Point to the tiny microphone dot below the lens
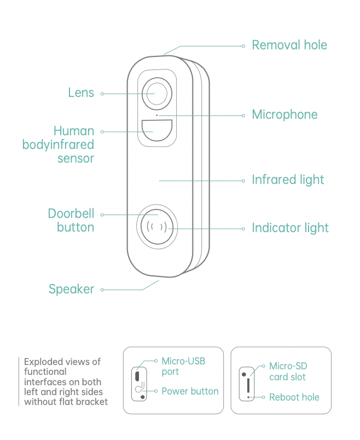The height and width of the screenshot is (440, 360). pos(157,115)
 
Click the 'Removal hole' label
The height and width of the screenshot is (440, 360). pos(289,45)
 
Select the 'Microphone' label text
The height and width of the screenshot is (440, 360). pos(285,115)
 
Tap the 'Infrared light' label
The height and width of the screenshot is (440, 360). pos(288,180)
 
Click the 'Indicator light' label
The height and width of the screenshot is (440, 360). pos(290,228)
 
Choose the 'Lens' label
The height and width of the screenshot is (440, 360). pos(81,93)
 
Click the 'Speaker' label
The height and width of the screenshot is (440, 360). pos(71,290)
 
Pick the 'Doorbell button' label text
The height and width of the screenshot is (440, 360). pos(71,221)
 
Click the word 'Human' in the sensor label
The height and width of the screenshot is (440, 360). pos(74,131)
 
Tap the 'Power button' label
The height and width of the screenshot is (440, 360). pos(190,391)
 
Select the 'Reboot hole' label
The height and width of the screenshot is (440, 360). pos(294,397)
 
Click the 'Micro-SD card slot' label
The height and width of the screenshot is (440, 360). pos(288,372)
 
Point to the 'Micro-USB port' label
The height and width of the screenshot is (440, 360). pos(183,366)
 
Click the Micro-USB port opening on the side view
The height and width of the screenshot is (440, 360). pos(137,377)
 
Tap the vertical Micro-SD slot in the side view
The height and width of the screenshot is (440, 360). pos(248,385)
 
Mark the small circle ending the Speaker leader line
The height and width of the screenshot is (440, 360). pos(102,290)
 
